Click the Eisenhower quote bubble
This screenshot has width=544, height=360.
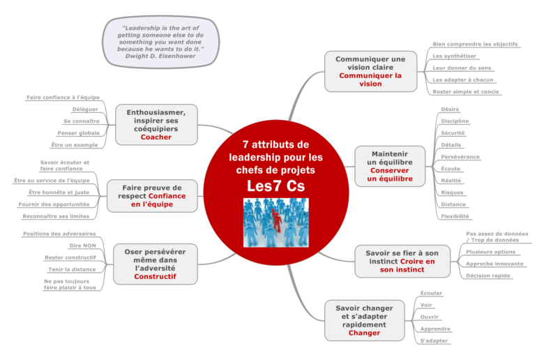tap(160, 42)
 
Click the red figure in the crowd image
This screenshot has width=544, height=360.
tap(276, 220)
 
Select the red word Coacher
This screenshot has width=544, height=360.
tap(156, 137)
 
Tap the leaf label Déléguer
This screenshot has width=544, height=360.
tap(85, 110)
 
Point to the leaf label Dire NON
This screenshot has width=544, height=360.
tap(82, 246)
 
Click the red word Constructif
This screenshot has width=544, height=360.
tap(155, 277)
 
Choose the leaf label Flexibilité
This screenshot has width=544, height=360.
tap(455, 216)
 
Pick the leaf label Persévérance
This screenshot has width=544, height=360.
tap(460, 157)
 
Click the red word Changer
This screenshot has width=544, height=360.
tap(364, 333)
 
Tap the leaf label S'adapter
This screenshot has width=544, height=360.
tap(434, 341)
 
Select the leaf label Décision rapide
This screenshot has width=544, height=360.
tap(488, 276)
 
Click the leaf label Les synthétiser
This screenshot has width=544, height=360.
tap(454, 56)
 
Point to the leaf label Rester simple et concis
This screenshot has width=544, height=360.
tap(466, 91)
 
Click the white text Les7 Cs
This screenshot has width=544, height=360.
tap(275, 186)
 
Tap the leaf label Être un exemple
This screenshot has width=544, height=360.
tap(75, 144)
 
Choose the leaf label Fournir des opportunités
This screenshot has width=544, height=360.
tap(54, 204)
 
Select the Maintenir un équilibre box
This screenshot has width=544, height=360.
tap(390, 166)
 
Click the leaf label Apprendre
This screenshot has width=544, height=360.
tap(435, 329)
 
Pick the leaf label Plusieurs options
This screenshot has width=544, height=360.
tap(490, 252)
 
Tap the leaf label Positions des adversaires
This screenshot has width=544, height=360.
tap(59, 234)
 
